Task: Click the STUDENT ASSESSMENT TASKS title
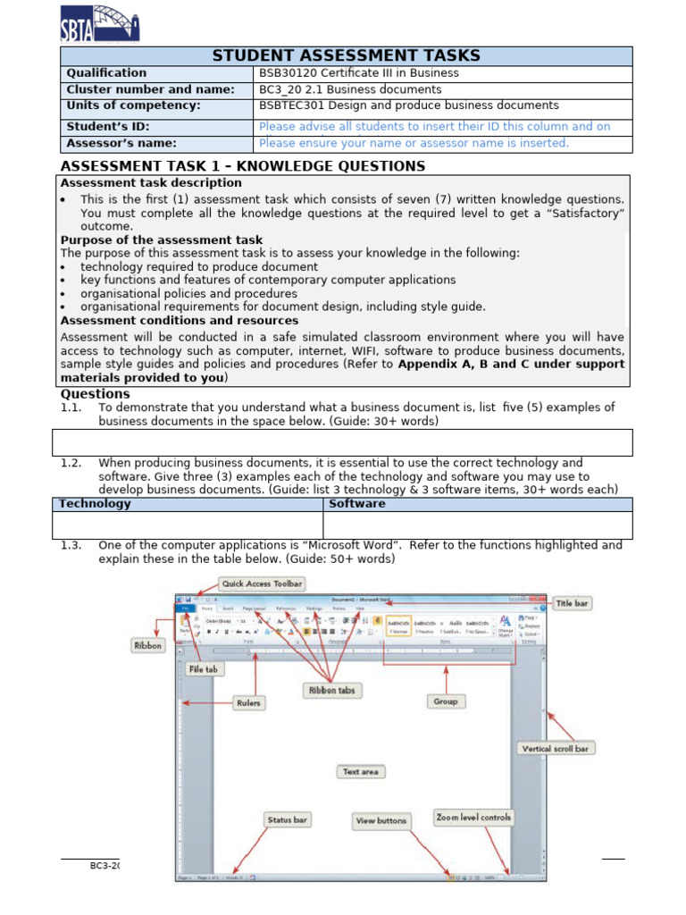346,56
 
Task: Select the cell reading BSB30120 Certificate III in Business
358,73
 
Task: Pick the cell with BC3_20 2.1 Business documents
350,89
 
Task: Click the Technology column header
95,504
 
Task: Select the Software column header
357,504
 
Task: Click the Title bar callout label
572,604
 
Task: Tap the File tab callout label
205,668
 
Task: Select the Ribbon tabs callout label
331,690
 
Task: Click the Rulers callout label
248,703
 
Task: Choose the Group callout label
446,702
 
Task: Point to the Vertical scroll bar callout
555,749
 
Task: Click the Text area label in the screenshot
360,771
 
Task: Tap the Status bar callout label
288,819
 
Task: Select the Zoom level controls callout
473,817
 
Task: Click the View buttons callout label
381,820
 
